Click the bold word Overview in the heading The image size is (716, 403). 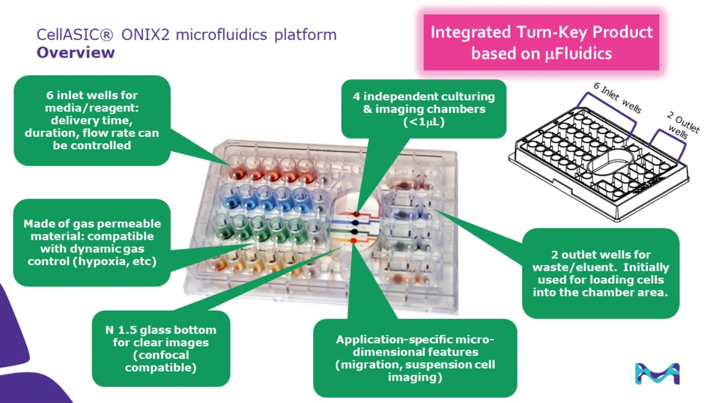76,53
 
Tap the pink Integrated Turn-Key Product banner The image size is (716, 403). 541,42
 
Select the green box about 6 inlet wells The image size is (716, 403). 92,120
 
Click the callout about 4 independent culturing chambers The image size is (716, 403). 423,109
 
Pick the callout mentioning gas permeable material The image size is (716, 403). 92,242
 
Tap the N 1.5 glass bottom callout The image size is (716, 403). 161,348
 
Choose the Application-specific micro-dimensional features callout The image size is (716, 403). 414,358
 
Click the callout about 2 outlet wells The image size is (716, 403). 600,273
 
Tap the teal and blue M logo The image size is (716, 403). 657,373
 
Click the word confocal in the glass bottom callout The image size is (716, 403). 161,355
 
